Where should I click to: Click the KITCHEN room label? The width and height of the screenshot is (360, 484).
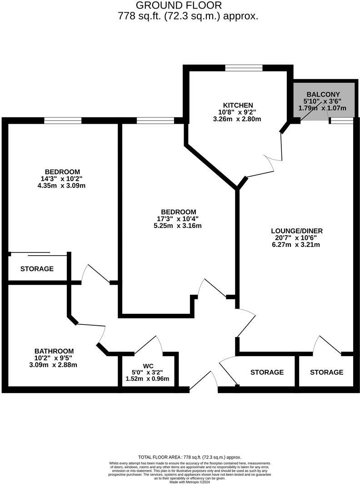235,105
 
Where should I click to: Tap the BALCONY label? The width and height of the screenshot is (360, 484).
323,95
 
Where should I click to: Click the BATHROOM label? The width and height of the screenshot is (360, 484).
54,351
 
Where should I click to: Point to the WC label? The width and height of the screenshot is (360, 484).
148,365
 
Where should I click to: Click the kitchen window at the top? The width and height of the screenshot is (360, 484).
244,68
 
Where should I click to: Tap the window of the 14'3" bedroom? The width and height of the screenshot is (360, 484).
63,121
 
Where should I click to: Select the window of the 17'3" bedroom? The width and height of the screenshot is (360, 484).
155,121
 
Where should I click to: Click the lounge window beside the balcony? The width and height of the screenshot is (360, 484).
341,121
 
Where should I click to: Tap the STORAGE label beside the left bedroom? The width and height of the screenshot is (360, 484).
37,269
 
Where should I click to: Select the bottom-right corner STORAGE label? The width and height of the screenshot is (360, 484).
326,372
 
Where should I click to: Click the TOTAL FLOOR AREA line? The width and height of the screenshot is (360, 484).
190,457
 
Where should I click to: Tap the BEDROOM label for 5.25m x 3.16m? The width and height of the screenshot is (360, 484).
179,212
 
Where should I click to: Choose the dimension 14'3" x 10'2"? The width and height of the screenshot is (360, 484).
63,178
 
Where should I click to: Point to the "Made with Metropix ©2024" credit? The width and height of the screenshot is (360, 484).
190,482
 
